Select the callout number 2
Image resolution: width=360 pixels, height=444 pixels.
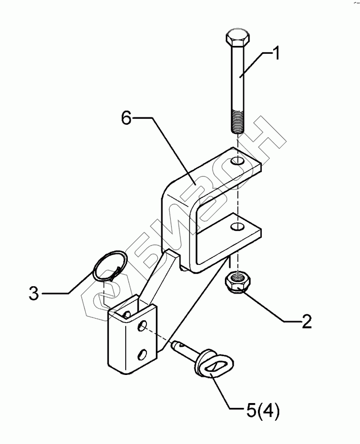(x=306, y=322)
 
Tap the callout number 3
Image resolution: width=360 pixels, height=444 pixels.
(x=33, y=294)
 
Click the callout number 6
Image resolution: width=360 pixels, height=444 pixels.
(x=127, y=118)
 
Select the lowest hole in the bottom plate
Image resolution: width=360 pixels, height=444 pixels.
(x=143, y=353)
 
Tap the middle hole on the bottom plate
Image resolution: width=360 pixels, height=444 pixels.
(x=143, y=326)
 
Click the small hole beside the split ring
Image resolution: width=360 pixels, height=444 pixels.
(x=126, y=314)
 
